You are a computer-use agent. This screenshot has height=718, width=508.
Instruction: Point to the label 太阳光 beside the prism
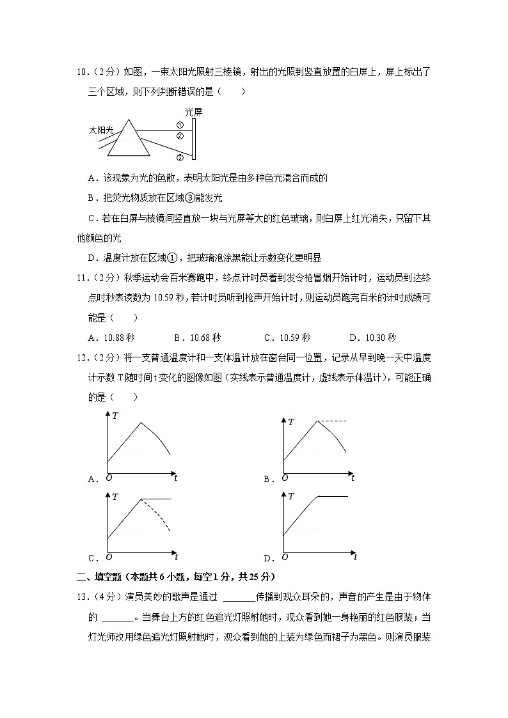[100, 130]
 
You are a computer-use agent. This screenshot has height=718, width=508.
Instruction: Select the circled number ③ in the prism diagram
[180, 157]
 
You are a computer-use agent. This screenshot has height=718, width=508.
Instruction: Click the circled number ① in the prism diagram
[180, 125]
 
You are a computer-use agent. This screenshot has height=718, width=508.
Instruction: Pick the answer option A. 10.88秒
[111, 338]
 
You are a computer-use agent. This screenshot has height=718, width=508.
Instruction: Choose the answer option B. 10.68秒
[197, 338]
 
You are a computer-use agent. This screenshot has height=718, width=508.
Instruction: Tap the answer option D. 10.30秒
[372, 338]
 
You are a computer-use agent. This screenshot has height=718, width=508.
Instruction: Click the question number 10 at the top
[82, 72]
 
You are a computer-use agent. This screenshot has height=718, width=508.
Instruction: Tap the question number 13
[81, 597]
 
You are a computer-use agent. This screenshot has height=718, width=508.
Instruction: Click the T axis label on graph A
[115, 416]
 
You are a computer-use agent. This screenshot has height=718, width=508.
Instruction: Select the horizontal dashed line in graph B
[331, 421]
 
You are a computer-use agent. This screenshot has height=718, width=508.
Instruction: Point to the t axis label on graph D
[355, 556]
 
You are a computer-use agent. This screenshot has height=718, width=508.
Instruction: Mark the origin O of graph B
[285, 478]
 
